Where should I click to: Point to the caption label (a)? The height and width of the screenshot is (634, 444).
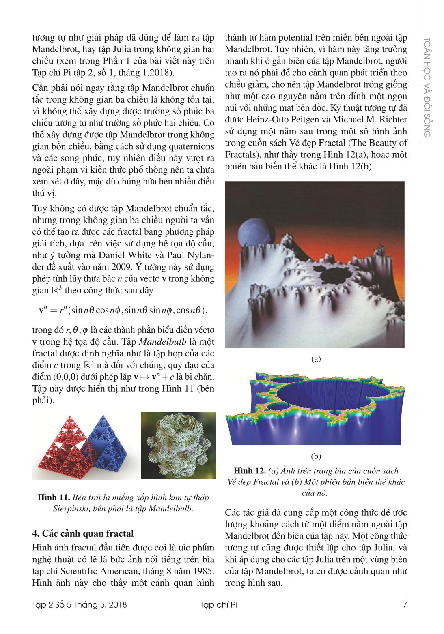315,359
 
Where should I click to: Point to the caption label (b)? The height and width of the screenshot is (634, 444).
315,456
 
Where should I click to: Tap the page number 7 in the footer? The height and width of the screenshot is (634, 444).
404,617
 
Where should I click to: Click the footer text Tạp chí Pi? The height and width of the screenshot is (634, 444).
221,617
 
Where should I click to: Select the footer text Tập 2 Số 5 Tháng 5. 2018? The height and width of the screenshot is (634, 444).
80,617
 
